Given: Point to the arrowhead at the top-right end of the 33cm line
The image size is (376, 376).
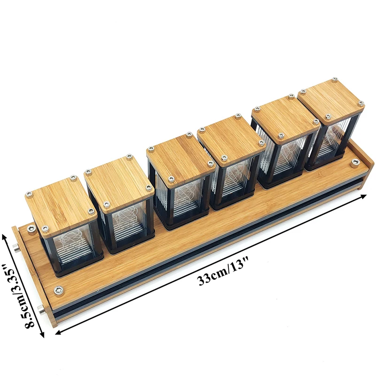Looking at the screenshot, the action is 363,196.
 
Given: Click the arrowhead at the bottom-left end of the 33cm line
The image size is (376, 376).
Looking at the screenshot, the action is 59,332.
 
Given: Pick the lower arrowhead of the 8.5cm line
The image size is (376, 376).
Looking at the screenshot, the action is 42,334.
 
